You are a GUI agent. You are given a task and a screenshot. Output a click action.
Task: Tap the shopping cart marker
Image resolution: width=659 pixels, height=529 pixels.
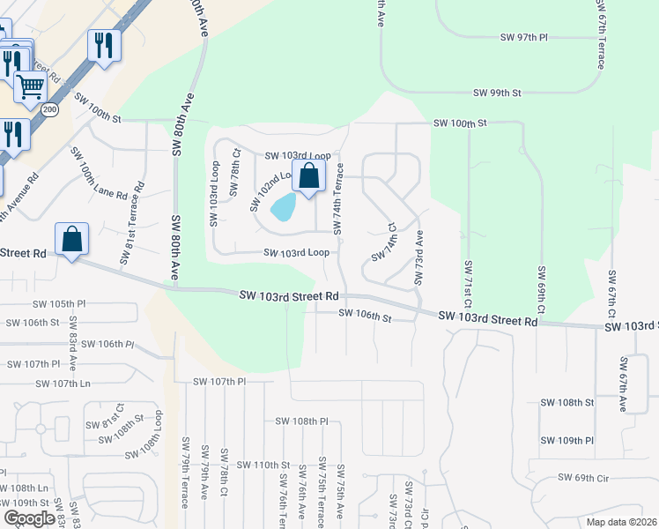pyautogui.click(x=29, y=86)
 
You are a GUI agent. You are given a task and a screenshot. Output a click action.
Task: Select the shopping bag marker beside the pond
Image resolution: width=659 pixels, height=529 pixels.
pyautogui.click(x=309, y=175)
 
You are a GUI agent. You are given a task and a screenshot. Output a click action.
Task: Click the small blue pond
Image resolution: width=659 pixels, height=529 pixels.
pyautogui.click(x=284, y=207)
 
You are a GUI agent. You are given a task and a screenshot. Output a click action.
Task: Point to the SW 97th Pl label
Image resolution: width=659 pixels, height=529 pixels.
pyautogui.click(x=523, y=38)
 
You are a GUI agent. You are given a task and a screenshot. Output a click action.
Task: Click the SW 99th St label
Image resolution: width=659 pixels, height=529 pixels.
pyautogui.click(x=497, y=93)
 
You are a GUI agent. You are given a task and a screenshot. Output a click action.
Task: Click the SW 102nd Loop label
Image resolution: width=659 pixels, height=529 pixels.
pyautogui.click(x=271, y=189)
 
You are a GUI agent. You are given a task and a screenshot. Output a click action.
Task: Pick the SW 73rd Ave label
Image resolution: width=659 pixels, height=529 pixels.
pyautogui.click(x=419, y=258)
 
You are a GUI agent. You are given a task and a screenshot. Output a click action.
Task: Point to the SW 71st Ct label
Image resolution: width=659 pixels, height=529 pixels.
pyautogui.click(x=468, y=289)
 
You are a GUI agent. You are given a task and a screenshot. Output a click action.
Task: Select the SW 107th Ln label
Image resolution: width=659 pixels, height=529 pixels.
pyautogui.click(x=63, y=384)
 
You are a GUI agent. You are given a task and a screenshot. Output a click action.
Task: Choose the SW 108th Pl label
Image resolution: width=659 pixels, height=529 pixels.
pyautogui.click(x=301, y=421)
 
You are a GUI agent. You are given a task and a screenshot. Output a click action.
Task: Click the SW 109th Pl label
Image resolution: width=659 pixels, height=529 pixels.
pyautogui.click(x=564, y=440)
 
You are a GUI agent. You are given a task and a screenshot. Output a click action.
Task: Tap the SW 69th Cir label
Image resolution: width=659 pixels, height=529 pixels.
pyautogui.click(x=583, y=478)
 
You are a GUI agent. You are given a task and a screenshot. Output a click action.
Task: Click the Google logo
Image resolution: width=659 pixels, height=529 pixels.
pyautogui.click(x=29, y=518)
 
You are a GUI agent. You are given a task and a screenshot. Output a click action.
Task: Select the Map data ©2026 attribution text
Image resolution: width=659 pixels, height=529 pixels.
pyautogui.click(x=621, y=522)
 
